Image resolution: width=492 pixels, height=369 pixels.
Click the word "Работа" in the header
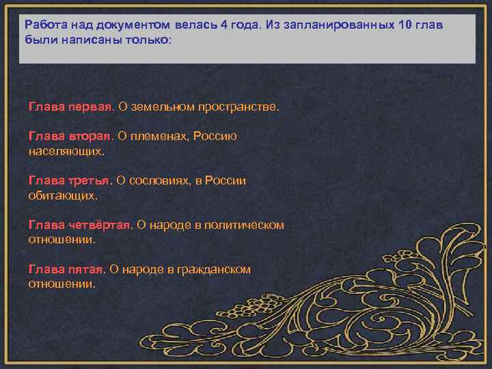(44, 26)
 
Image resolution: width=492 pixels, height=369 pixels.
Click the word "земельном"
(161, 107)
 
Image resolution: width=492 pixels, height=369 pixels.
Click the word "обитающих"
(62, 195)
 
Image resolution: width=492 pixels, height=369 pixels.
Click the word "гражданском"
(212, 270)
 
